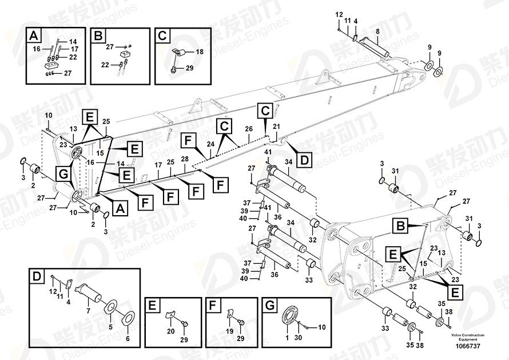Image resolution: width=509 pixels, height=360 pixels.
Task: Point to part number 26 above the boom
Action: pyautogui.click(x=249, y=128)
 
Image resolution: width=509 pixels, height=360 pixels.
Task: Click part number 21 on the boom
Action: pyautogui.click(x=276, y=126)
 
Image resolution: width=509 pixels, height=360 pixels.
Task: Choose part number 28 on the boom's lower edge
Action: pyautogui.click(x=184, y=159)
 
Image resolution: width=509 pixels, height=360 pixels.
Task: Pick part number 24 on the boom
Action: pyautogui.click(x=210, y=144)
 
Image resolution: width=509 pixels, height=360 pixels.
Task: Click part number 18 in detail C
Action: pyautogui.click(x=200, y=52)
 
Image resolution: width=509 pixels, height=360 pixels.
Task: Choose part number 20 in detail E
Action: pyautogui.click(x=170, y=331)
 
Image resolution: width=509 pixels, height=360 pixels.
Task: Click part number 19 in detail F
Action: pyautogui.click(x=229, y=331)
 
